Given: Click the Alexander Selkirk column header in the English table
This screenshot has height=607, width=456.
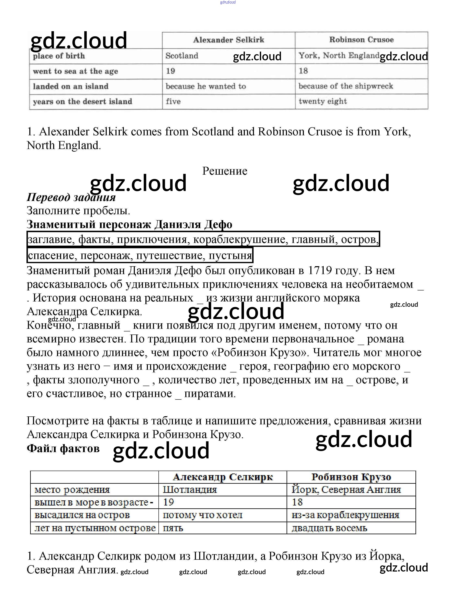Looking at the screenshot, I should click(229, 40).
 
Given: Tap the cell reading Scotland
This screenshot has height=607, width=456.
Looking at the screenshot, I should click(182, 56).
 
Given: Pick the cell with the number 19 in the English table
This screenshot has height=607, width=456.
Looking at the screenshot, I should click(170, 71).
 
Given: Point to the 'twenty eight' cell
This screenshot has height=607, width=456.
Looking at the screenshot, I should click(323, 101).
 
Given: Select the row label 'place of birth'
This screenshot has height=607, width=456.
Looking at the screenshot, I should click(59, 56).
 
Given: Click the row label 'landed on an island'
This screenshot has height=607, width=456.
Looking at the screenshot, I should click(71, 86).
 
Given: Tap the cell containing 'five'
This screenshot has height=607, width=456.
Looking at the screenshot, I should click(173, 102).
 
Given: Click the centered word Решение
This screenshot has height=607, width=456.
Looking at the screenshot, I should click(225, 171).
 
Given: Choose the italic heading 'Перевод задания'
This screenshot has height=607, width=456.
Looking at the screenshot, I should click(71, 197).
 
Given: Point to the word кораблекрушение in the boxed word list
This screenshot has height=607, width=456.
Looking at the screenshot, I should click(241, 239).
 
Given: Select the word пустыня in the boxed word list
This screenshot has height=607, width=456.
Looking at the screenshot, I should click(230, 255).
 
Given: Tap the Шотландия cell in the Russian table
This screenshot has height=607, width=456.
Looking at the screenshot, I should click(190, 490).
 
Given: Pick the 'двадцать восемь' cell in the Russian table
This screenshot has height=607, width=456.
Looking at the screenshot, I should click(329, 528).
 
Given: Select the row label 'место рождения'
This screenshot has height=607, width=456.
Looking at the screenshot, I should click(72, 490).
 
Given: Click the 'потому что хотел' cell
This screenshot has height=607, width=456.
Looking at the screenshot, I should click(203, 515).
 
